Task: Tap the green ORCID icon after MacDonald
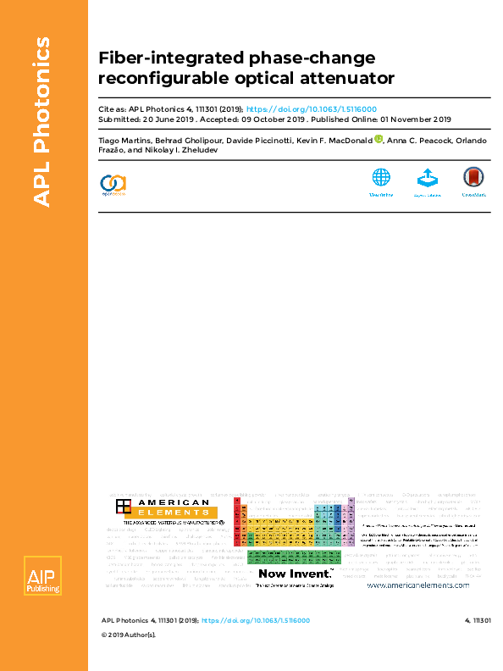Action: click(379, 139)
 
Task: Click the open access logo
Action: click(113, 183)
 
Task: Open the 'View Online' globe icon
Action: click(381, 178)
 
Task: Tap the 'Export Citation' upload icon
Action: click(427, 178)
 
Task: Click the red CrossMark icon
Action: click(473, 178)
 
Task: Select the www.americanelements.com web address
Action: click(417, 585)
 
